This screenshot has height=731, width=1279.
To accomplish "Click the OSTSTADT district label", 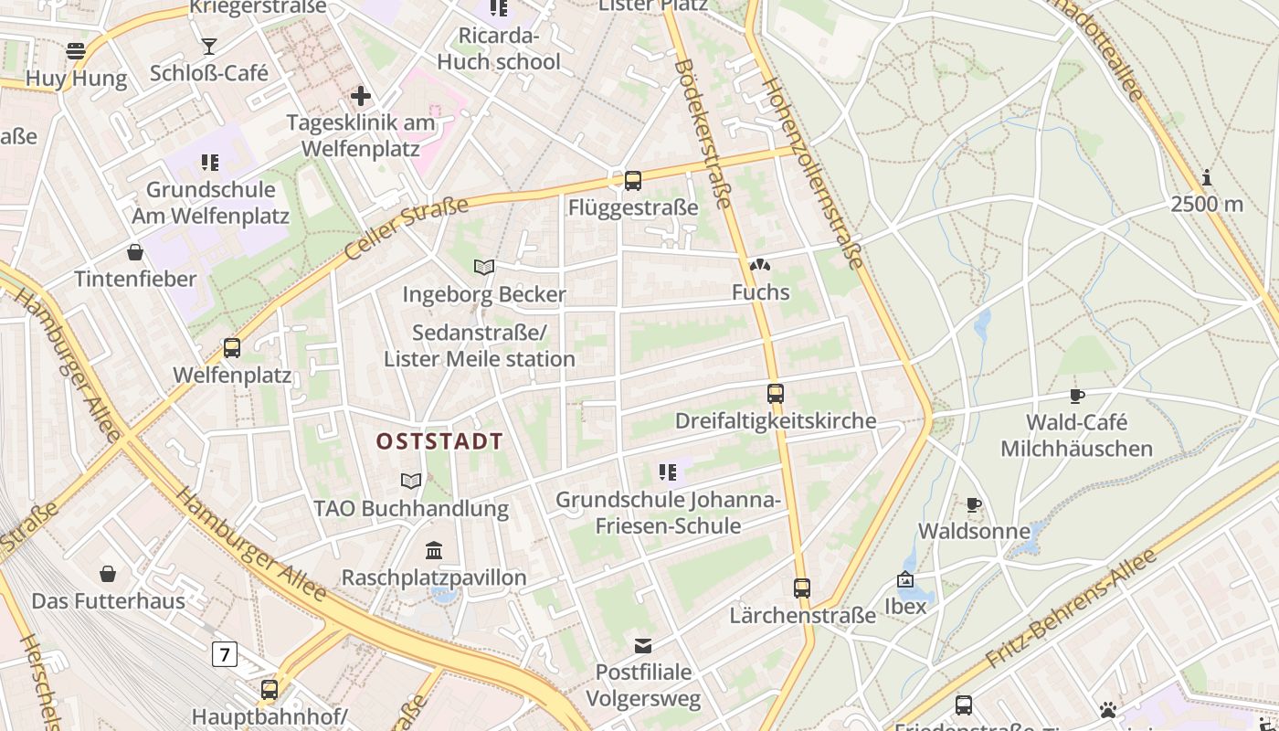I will coord(439,442).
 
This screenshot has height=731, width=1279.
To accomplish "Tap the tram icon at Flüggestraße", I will coord(632,181).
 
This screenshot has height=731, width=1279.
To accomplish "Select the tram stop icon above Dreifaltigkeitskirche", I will coord(775,394).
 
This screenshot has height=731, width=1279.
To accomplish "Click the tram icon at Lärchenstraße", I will coord(801,588).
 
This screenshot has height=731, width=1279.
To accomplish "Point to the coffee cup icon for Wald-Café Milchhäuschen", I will coord(1076,396).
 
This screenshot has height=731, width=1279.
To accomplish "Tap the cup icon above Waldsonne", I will coord(973,504).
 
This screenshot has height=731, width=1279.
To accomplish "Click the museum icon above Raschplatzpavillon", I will coord(434,550).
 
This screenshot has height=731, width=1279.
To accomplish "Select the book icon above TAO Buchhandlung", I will coord(411,481).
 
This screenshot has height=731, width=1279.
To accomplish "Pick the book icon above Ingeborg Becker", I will coord(484,267).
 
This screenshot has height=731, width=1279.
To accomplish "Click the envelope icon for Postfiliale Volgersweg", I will coord(644,646).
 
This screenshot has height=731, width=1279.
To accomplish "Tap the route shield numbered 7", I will coord(224,654).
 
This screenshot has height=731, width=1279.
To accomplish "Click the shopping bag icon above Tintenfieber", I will coord(135,251).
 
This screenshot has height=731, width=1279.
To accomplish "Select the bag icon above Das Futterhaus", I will coord(108,574).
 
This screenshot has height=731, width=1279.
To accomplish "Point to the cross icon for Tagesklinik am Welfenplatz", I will coord(361,95).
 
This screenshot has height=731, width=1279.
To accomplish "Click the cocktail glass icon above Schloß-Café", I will coord(209,46).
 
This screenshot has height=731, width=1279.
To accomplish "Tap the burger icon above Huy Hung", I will coord(76,50).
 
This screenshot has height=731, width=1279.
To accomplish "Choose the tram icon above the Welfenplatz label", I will coord(232,348).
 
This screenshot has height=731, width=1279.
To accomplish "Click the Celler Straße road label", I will coord(404,234).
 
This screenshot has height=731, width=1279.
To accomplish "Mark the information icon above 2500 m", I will coord(1207,177).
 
